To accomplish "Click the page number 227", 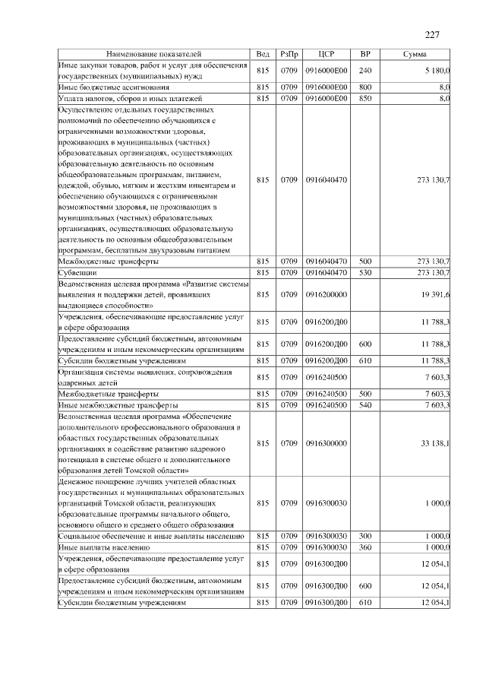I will [432, 34].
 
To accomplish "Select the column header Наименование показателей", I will [154, 54].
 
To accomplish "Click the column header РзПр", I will [289, 54].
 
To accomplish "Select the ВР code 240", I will [365, 71].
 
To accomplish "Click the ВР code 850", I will [365, 98].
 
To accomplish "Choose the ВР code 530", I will [365, 271].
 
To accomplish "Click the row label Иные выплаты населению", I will [104, 547].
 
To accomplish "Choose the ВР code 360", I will [365, 547].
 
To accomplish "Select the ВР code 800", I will [365, 87].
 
